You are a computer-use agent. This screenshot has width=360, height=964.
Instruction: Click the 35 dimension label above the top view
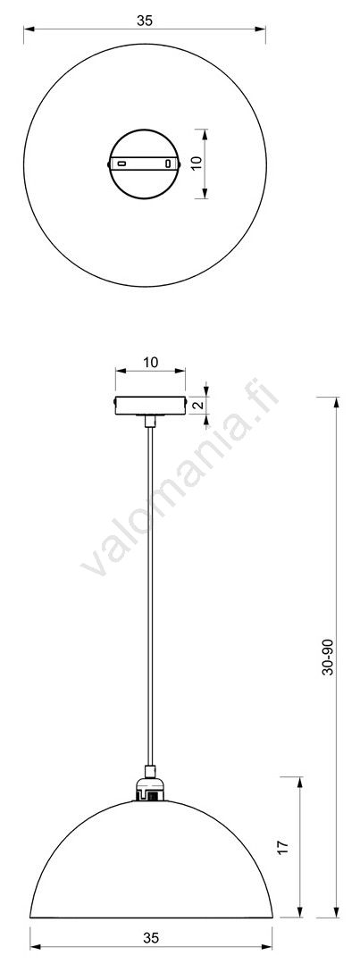tap(145, 21)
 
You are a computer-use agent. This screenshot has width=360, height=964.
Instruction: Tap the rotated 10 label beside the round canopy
tap(196, 163)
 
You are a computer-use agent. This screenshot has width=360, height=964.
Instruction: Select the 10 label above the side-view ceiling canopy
tap(150, 362)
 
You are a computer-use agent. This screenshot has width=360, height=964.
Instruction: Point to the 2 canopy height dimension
tap(197, 405)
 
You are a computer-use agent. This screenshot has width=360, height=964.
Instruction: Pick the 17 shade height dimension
tap(282, 846)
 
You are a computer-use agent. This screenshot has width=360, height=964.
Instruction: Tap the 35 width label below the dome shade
tap(151, 937)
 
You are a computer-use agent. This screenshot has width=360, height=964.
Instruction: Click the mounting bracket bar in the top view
tap(145, 163)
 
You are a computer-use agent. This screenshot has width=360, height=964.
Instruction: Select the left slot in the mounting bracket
tap(121, 163)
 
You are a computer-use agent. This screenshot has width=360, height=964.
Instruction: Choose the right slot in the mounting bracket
tap(169, 163)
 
